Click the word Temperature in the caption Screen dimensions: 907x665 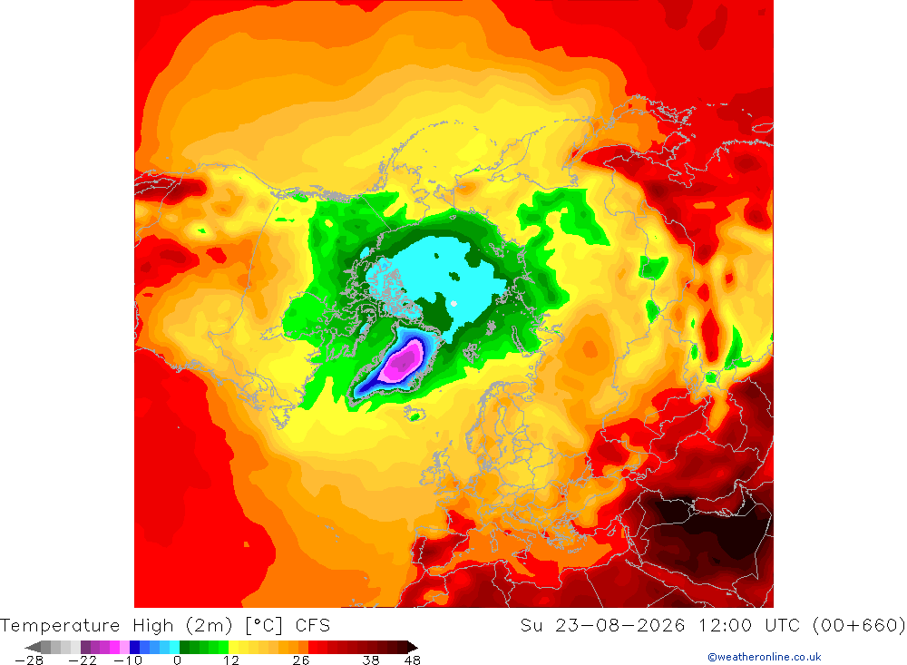(x=60, y=626)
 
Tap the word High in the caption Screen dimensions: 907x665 (x=153, y=626)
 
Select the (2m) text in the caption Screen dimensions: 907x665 (x=210, y=626)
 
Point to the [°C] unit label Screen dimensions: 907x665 (x=264, y=626)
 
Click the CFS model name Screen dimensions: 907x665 (x=313, y=626)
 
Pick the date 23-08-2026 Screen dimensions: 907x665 (x=620, y=626)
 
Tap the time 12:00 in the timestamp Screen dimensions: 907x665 (x=725, y=626)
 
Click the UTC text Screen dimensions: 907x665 (x=782, y=626)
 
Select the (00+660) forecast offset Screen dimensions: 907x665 (x=859, y=626)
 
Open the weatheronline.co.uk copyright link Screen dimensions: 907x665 (x=765, y=657)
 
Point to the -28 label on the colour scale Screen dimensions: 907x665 (x=30, y=660)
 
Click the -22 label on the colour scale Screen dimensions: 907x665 (x=83, y=660)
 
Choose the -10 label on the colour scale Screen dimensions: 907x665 (x=128, y=660)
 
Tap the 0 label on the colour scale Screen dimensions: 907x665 (x=178, y=660)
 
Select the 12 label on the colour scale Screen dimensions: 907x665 (x=231, y=660)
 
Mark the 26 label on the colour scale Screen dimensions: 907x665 (x=301, y=660)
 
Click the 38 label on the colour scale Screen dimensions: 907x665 (x=371, y=660)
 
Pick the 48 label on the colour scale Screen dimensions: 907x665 (x=413, y=660)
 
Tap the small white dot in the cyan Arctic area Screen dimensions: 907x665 (x=454, y=303)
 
